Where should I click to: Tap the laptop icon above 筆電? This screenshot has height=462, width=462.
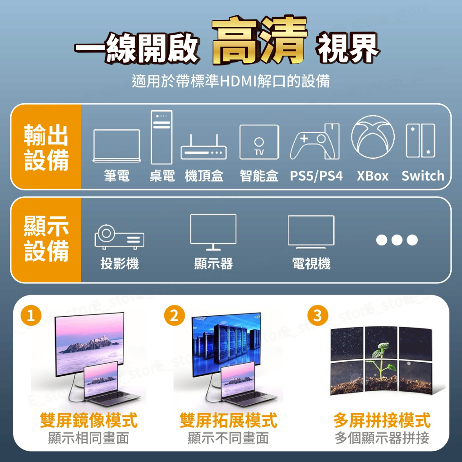coord(116,145)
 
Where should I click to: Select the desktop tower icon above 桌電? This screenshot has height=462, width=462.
coord(162,137)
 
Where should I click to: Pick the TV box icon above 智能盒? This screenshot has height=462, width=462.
coord(259,142)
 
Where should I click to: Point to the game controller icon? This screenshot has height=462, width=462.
coord(315,141)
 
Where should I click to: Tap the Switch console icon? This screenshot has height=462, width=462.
coord(420,140)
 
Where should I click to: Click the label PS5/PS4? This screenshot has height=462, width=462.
coord(316,176)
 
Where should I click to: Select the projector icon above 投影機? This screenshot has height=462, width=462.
coord(119,236)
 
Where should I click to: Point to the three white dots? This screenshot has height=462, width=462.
coord(397,240)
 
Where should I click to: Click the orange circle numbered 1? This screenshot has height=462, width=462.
coord(31,316)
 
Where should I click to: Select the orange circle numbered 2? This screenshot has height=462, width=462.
coord(174,316)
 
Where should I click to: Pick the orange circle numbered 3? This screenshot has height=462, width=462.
coord(318,316)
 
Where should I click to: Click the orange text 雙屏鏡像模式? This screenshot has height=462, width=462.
coord(88,421)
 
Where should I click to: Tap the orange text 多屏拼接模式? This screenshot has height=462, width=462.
coord(382,421)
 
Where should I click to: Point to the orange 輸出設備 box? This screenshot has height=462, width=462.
coord(46,147)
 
